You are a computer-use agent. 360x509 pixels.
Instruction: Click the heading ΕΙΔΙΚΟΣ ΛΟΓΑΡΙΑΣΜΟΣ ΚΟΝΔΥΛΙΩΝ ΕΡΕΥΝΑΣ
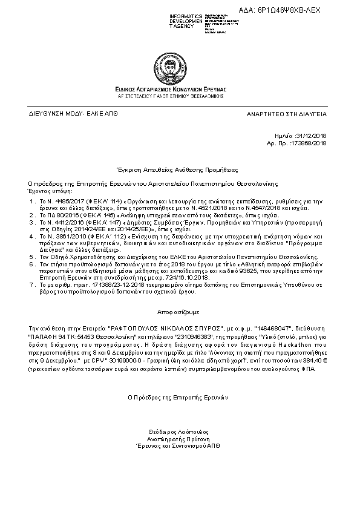(x=179, y=89)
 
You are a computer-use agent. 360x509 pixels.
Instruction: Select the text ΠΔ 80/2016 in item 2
(x=53, y=215)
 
